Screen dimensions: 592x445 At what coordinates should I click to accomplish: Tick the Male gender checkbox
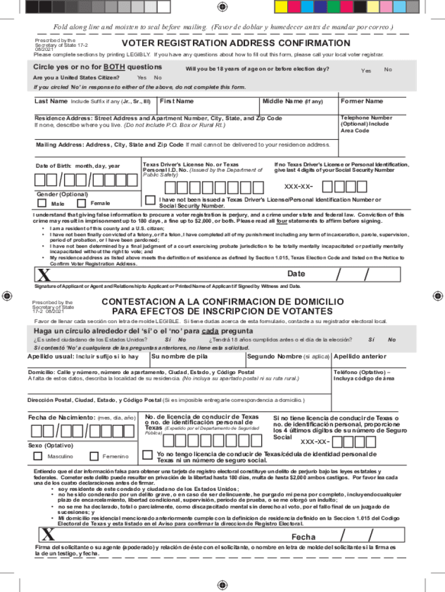(x=42, y=203)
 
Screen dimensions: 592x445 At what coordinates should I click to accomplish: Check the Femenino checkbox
(x=94, y=456)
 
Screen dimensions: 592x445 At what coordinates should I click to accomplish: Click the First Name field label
(x=177, y=102)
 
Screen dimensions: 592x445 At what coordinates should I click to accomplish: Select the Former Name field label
(x=362, y=102)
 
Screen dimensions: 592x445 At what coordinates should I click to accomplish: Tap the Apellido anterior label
(x=359, y=357)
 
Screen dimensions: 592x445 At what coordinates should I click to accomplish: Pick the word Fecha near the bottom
(x=303, y=537)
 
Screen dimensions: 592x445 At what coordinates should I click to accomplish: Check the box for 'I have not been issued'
(x=149, y=199)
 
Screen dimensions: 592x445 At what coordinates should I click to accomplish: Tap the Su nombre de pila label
(x=176, y=357)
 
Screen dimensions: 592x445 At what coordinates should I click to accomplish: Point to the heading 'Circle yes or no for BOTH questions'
(x=98, y=67)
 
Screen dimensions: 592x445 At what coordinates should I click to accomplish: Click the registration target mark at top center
(x=222, y=6)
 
